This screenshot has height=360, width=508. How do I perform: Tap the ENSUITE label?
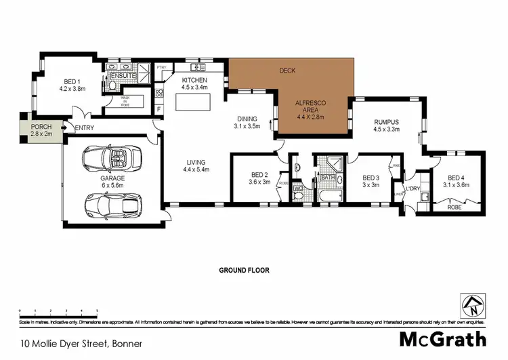coord(123,75)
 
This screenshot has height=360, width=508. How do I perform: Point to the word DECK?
coord(287,70)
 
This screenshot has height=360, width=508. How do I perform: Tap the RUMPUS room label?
coord(386,126)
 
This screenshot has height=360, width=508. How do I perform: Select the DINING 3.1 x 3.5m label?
coord(247,122)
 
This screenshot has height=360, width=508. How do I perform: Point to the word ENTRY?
coord(85,128)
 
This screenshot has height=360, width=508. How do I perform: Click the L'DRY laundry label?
coord(413,188)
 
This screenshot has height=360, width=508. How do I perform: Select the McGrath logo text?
coord(442,338)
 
